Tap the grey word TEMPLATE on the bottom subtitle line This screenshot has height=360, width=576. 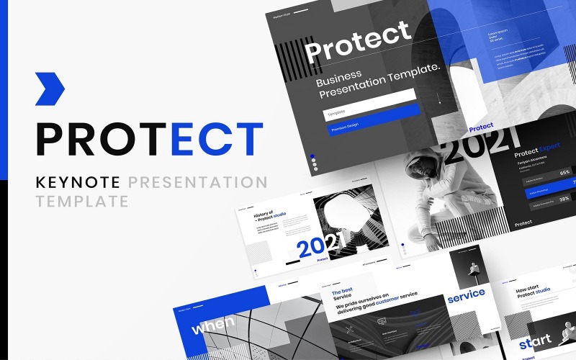tap(81, 202)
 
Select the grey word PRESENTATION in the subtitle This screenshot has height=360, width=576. tap(200, 182)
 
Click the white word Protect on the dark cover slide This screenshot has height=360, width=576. tap(358, 42)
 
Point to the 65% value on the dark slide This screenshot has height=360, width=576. tap(564, 173)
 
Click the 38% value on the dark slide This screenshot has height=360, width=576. tap(564, 199)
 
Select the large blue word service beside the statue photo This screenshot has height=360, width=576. tap(466, 294)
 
